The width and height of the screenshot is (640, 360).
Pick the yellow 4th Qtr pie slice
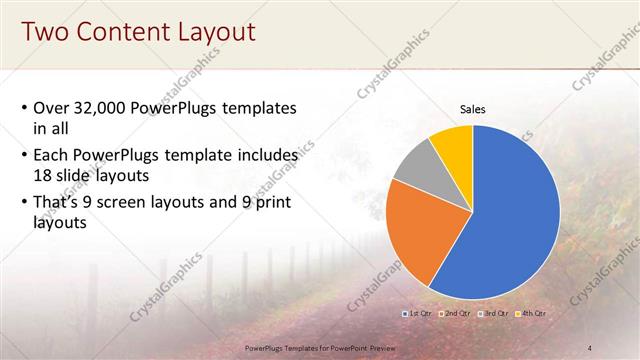click(x=453, y=142)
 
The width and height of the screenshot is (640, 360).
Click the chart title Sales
click(x=472, y=109)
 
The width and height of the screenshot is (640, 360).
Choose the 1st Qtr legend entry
click(x=417, y=314)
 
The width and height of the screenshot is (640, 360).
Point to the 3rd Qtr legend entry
click(x=493, y=314)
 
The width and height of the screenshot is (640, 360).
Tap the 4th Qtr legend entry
click(x=530, y=314)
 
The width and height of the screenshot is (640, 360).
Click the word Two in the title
click(x=44, y=32)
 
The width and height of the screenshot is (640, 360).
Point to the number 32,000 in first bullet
click(x=104, y=108)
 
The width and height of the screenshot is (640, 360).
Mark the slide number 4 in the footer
click(x=590, y=347)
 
